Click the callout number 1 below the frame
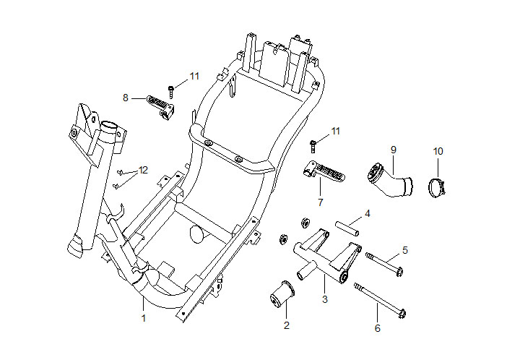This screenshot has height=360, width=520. coord(144,318)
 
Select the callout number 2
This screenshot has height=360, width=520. coord(287,325)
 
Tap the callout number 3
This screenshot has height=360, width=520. coord(325,299)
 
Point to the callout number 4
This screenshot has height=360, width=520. coord(367,214)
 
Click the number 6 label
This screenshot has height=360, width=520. coord(378,328)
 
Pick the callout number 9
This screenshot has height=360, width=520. coord(394,150)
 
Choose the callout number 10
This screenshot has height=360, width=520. coord(438,151)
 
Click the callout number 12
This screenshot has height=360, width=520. coord(143,170)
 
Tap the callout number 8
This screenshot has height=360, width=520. coord(126,98)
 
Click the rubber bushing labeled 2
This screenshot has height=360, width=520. coord(282,294)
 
